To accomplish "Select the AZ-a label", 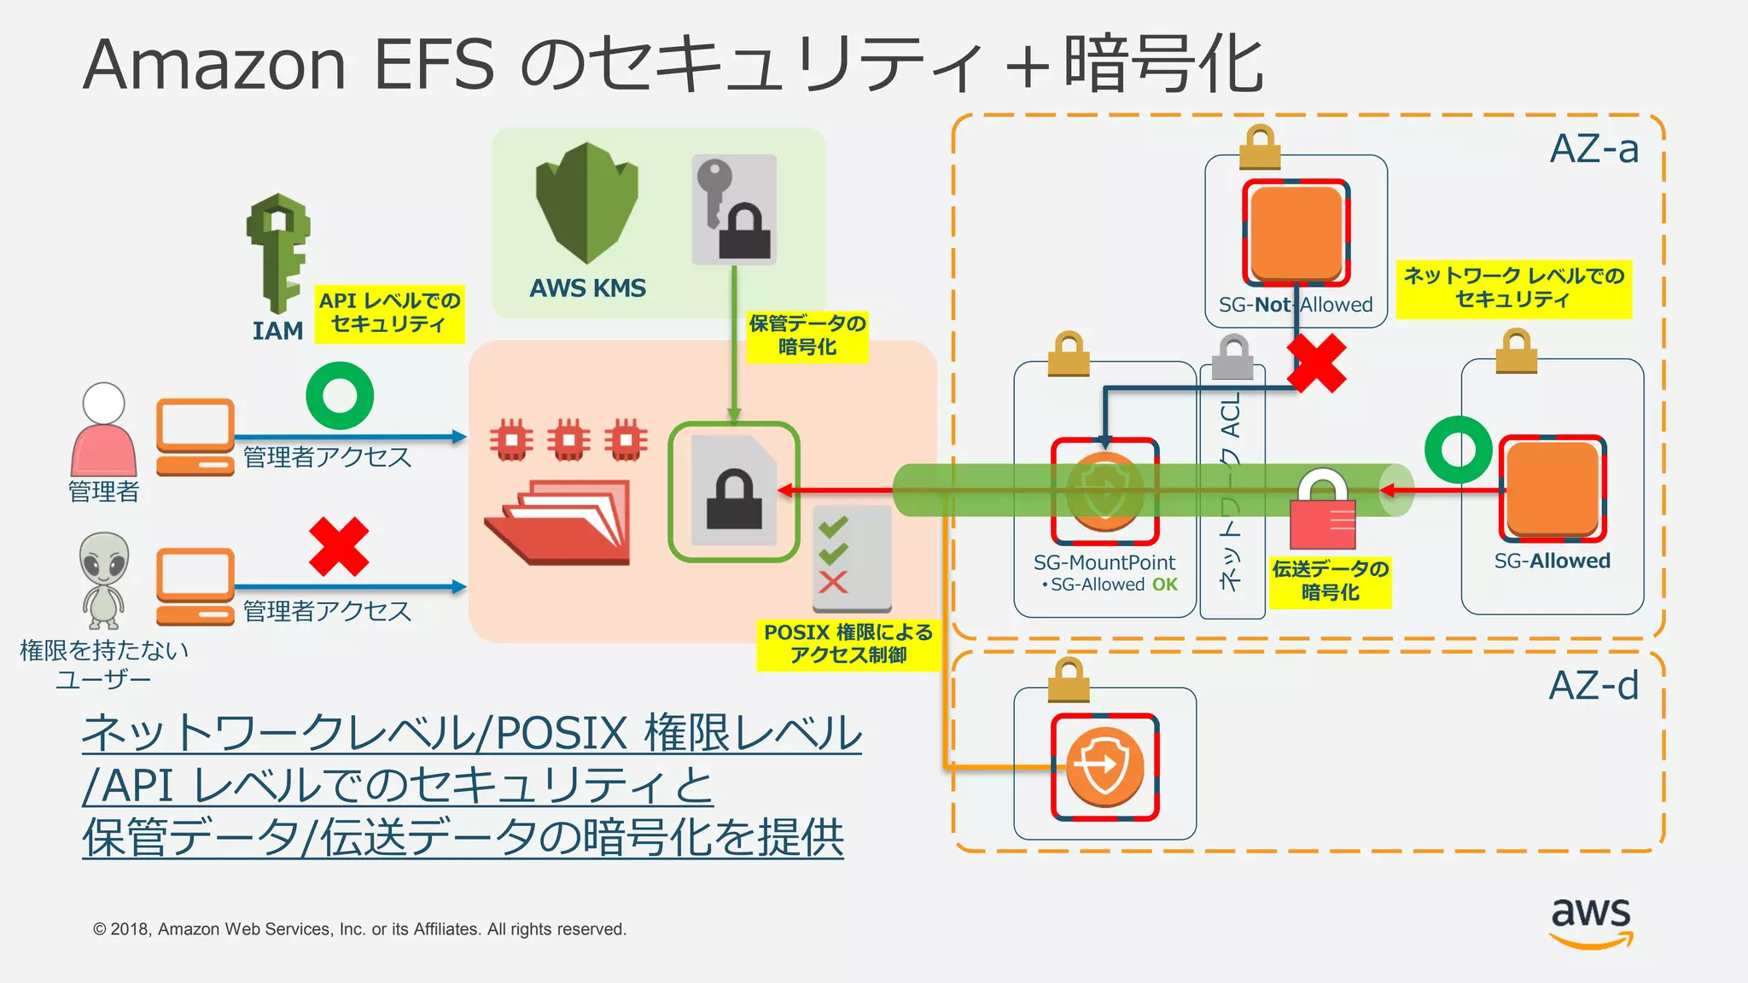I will pyautogui.click(x=1594, y=149).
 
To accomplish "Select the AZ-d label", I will pyautogui.click(x=1594, y=685).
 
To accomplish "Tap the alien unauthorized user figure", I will pyautogui.click(x=104, y=579).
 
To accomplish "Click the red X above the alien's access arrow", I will pyautogui.click(x=339, y=546).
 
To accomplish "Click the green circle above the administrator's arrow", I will pyautogui.click(x=340, y=396).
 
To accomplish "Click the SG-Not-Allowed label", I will pyautogui.click(x=1295, y=305).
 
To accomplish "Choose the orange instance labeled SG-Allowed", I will pyautogui.click(x=1553, y=488).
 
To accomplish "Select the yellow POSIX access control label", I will pyautogui.click(x=848, y=644).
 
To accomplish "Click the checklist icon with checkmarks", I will pyautogui.click(x=851, y=559).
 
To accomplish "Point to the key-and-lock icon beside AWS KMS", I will pyautogui.click(x=734, y=209).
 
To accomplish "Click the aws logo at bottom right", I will pyautogui.click(x=1590, y=922).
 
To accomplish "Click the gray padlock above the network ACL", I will pyautogui.click(x=1233, y=357).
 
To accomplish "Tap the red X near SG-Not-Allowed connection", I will pyautogui.click(x=1316, y=363).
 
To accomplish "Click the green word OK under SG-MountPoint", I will pyautogui.click(x=1164, y=585).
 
